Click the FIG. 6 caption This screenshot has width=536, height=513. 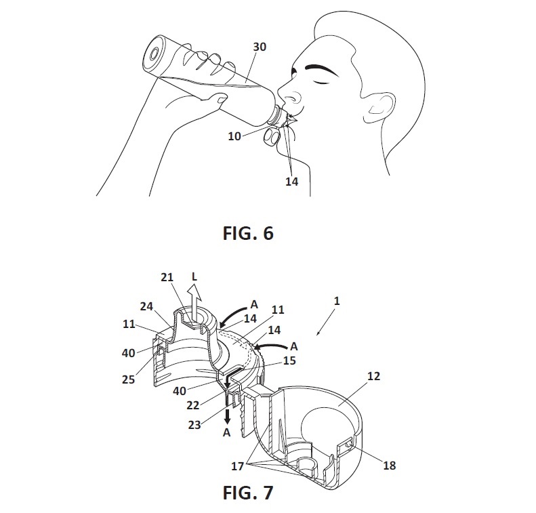248,233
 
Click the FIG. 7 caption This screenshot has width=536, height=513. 248,493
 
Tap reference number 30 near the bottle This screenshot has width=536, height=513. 260,47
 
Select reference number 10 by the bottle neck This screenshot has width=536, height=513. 234,136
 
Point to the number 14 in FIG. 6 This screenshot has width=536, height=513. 291,182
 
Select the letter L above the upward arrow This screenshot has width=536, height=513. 194,276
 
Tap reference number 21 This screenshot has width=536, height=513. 167,277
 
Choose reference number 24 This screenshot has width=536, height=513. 146,306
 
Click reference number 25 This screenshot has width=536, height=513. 128,379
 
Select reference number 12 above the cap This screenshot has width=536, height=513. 373,376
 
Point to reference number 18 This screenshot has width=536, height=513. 390,465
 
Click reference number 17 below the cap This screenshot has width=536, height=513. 237,466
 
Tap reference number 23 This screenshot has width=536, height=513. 194,425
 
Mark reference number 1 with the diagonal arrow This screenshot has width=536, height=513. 337,301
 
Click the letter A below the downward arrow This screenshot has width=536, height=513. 226,432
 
